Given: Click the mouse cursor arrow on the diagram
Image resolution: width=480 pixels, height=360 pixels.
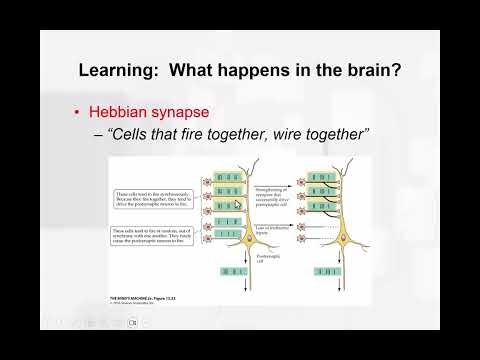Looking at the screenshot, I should click(x=237, y=204).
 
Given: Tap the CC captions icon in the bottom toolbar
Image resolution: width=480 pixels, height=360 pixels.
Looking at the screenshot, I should click(x=147, y=322).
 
